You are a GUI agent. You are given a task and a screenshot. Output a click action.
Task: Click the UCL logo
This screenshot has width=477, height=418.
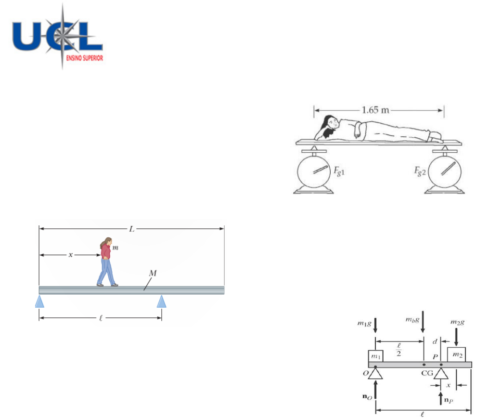[x=57, y=37]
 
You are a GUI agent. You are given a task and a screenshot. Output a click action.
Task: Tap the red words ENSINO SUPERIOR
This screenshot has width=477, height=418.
[x=85, y=58]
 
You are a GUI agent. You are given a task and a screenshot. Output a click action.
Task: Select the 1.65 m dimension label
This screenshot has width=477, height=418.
[x=375, y=110]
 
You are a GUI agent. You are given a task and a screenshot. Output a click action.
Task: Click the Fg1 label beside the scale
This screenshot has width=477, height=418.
[x=339, y=171]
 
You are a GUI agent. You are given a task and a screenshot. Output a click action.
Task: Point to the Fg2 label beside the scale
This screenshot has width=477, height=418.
[x=420, y=171]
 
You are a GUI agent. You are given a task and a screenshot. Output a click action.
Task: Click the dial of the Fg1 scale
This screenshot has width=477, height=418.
[x=314, y=171]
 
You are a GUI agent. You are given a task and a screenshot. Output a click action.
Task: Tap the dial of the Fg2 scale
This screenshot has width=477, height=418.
[x=445, y=171]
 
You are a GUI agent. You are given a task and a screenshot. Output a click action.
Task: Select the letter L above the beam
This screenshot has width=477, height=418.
[x=132, y=229]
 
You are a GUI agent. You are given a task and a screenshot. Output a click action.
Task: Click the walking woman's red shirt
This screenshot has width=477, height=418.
[x=105, y=251]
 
